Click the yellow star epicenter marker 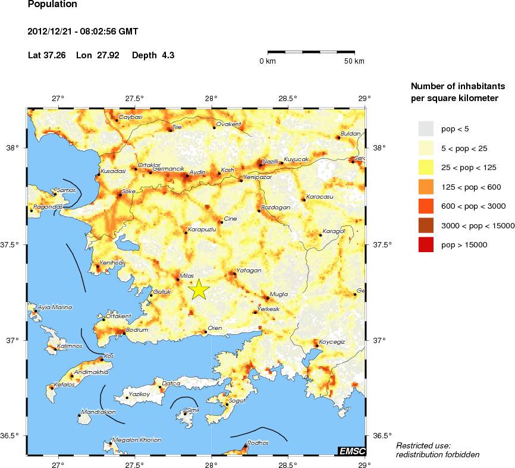point(200,289)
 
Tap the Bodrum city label point(136,329)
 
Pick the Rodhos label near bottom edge point(258,442)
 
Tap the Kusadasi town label point(114,171)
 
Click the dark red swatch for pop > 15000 point(426,244)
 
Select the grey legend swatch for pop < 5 point(426,128)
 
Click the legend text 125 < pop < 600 point(471,187)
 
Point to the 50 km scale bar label point(355,61)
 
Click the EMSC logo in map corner point(351,451)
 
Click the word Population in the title point(52,4)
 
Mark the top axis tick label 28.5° point(288,99)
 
